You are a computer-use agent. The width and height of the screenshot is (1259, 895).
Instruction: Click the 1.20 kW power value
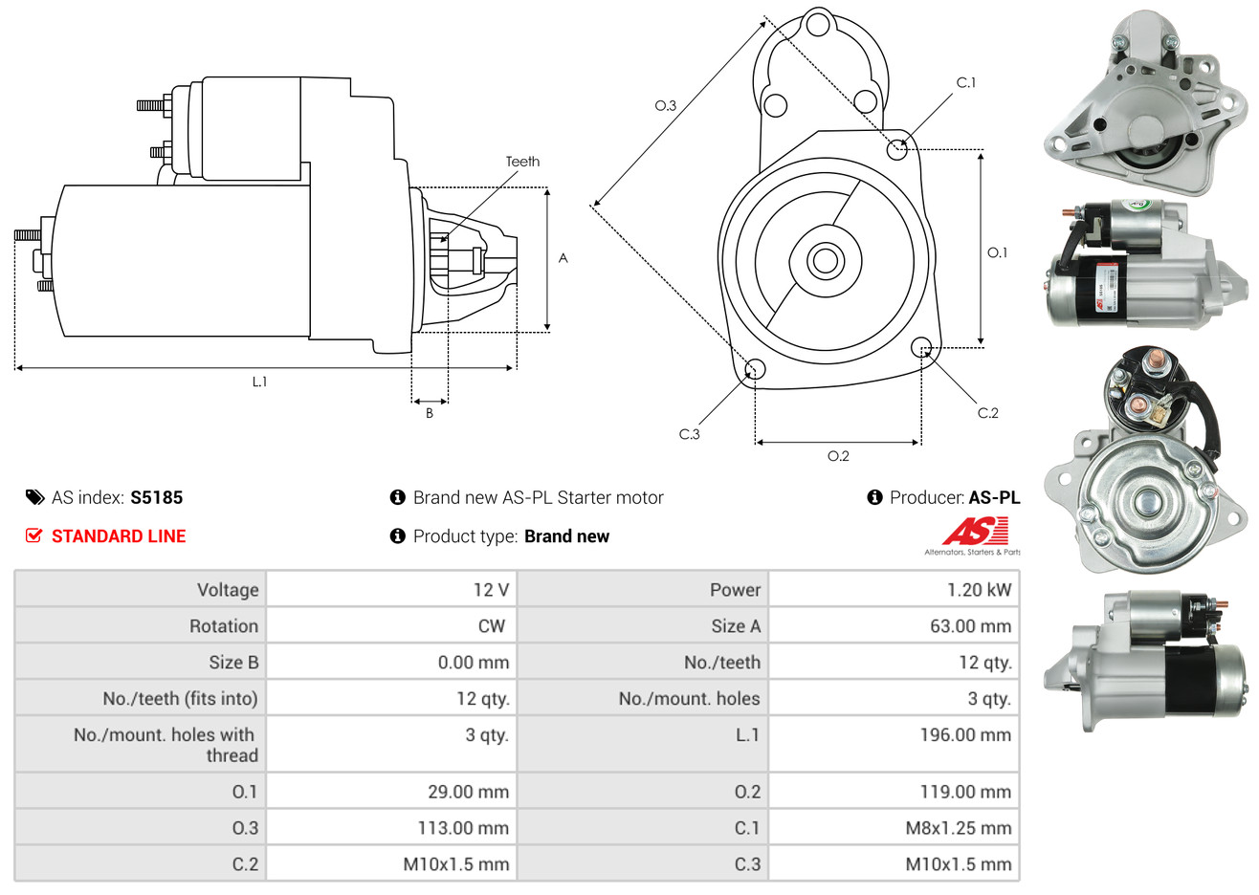click(979, 590)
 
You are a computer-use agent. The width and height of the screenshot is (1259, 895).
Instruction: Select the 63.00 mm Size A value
click(970, 626)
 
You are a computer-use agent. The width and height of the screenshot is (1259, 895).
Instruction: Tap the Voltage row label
click(228, 590)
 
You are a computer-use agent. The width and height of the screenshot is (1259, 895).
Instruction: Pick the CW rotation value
click(491, 626)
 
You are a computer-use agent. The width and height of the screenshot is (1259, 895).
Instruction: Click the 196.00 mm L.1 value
click(965, 735)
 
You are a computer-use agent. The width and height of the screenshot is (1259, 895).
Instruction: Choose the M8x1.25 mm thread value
click(958, 828)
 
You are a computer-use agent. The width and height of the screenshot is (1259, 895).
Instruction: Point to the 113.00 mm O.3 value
click(463, 828)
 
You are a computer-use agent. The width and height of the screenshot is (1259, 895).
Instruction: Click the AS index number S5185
click(156, 497)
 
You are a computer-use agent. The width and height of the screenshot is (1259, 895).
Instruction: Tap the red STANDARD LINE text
click(119, 536)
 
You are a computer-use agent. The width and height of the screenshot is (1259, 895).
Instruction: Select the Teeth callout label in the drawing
click(522, 162)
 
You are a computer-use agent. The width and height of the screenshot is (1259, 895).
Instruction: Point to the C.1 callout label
click(966, 83)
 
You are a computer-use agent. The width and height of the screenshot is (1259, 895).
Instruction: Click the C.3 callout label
click(689, 434)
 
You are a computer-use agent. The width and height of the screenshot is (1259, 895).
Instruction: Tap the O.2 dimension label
click(838, 456)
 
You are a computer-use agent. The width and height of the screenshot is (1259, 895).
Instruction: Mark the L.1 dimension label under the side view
click(259, 382)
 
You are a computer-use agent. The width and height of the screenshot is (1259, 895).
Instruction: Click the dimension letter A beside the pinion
click(563, 258)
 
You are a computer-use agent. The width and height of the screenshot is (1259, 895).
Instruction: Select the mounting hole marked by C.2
click(921, 346)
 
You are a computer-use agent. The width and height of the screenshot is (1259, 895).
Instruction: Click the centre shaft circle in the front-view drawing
click(823, 260)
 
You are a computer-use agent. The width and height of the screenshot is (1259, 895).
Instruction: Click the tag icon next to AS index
click(34, 497)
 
